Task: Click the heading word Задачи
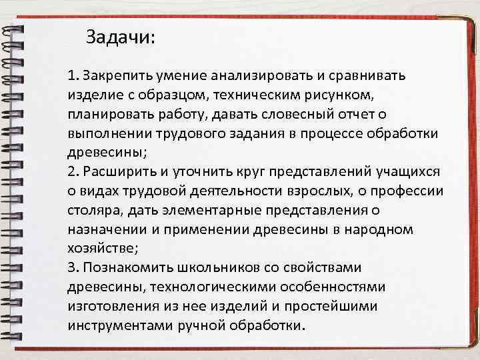(120, 37)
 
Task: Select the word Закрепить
(115, 75)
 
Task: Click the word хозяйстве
(101, 249)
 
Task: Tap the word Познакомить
(128, 268)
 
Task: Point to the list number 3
(72, 268)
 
